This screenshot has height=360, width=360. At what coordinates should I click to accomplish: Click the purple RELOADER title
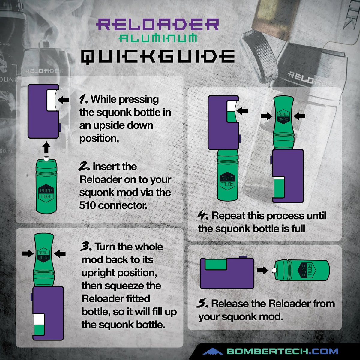157,24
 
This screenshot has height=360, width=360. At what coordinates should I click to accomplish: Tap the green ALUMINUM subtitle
158,38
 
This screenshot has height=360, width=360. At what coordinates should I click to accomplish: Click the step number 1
83,99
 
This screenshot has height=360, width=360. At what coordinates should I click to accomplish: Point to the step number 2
84,166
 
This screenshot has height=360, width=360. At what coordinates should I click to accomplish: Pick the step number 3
85,246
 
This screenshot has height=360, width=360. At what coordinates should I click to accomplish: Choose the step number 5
202,303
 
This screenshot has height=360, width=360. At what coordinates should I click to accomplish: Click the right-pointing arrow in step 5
262,270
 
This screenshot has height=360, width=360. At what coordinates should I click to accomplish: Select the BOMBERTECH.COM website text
282,351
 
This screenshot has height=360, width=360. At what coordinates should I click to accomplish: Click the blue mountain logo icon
213,351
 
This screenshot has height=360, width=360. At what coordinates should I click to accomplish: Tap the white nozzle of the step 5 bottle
274,270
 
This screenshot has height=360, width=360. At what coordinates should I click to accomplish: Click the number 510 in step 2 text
87,205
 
